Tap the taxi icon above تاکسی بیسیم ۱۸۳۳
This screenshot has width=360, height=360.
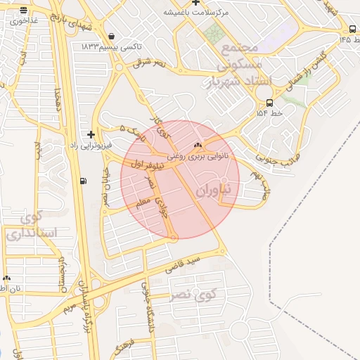pyautogui.click(x=111, y=37)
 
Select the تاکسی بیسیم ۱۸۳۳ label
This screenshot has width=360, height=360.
pyautogui.click(x=112, y=46)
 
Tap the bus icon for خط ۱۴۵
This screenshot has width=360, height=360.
pyautogui.click(x=352, y=29)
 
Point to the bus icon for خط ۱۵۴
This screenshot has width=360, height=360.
pyautogui.click(x=270, y=102)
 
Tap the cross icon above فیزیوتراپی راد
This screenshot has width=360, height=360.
pyautogui.click(x=91, y=134)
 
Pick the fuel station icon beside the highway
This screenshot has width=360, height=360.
pyautogui.click(x=84, y=181)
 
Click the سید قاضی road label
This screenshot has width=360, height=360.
pyautogui.click(x=184, y=264)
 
